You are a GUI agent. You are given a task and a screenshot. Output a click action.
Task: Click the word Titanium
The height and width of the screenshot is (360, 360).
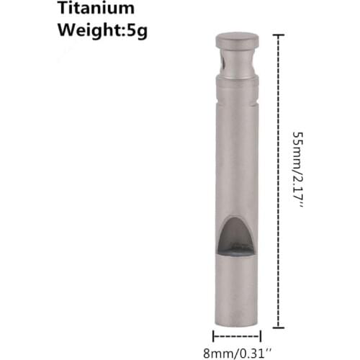click(96, 9)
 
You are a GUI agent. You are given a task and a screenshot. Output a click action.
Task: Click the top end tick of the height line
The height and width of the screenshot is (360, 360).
click(279, 34)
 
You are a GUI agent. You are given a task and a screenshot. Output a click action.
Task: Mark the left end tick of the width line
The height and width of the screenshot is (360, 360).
click(213, 335)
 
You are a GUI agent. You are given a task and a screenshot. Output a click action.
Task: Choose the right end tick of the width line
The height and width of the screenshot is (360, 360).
click(261, 335)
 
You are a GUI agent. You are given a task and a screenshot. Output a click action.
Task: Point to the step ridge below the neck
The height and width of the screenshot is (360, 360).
click(238, 81)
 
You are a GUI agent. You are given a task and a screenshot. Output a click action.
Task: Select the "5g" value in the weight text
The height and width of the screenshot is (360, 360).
click(135, 31)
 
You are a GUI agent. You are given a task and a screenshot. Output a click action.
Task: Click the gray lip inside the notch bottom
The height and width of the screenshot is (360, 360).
click(237, 251)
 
